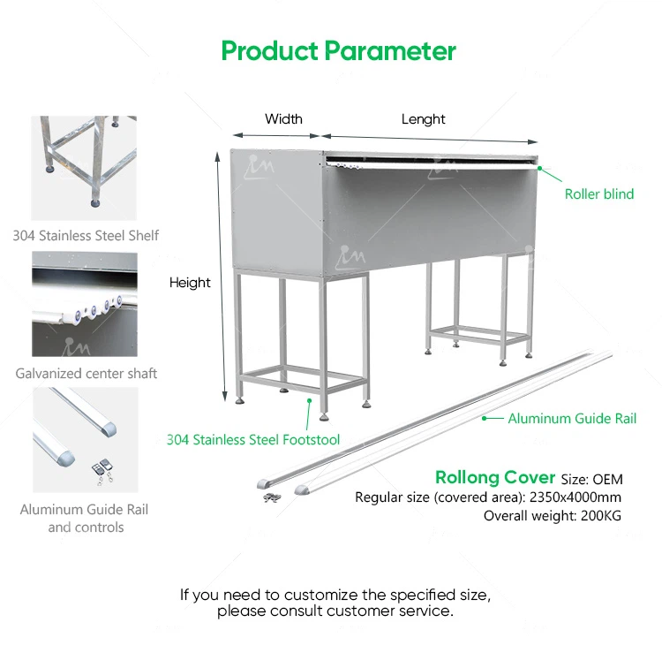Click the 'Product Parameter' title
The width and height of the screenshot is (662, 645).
coord(338,50)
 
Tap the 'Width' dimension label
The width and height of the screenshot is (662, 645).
coord(283,119)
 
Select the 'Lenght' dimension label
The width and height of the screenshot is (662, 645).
coord(424,119)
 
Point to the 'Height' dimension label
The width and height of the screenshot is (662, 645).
coord(190,283)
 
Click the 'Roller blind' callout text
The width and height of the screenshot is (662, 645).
coord(599,194)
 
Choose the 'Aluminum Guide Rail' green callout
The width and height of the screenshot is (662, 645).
coord(573,419)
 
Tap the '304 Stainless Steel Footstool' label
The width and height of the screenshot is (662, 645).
coord(253,439)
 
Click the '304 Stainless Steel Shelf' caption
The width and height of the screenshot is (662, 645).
coord(86,236)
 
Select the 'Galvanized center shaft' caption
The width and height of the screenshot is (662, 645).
coord(87,374)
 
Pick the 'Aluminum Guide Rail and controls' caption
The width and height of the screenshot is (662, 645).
coord(86,519)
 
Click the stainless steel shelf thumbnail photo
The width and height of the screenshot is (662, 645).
coord(85,168)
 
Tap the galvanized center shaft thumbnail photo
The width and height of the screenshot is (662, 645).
coord(85,305)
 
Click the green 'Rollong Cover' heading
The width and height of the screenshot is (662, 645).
coord(495,478)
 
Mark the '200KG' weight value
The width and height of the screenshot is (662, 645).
coord(601,516)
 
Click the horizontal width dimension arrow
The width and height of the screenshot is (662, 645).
coord(276,135)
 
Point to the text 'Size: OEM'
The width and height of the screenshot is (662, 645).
coord(592,480)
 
